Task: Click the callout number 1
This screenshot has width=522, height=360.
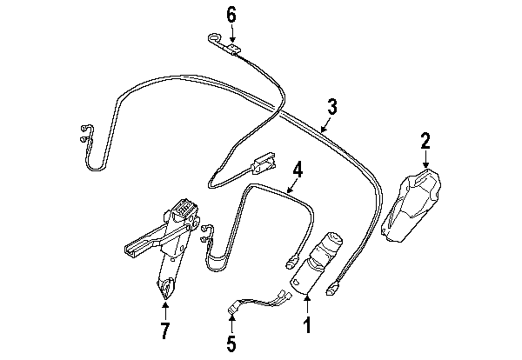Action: pyautogui.click(x=308, y=324)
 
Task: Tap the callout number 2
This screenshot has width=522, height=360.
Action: pyautogui.click(x=425, y=141)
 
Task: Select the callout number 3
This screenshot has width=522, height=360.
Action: pyautogui.click(x=332, y=106)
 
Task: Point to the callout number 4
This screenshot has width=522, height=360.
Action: pyautogui.click(x=298, y=170)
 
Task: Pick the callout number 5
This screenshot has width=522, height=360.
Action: pyautogui.click(x=231, y=343)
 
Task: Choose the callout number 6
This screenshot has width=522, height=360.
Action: pyautogui.click(x=231, y=15)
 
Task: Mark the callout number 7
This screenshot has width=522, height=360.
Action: pyautogui.click(x=165, y=330)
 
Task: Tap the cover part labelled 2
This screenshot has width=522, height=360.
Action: pyautogui.click(x=412, y=205)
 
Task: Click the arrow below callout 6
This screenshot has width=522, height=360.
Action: pyautogui.click(x=232, y=34)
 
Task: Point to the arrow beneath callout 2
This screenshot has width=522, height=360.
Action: pyautogui.click(x=425, y=159)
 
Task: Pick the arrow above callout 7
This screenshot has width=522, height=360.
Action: pyautogui.click(x=165, y=309)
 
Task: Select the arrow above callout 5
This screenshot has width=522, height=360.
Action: pyautogui.click(x=231, y=324)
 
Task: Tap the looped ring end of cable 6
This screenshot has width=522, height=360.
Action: pyautogui.click(x=216, y=38)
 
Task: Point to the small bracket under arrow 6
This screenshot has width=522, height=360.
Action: pyautogui.click(x=233, y=49)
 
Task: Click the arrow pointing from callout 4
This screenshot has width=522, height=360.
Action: pyautogui.click(x=291, y=186)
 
